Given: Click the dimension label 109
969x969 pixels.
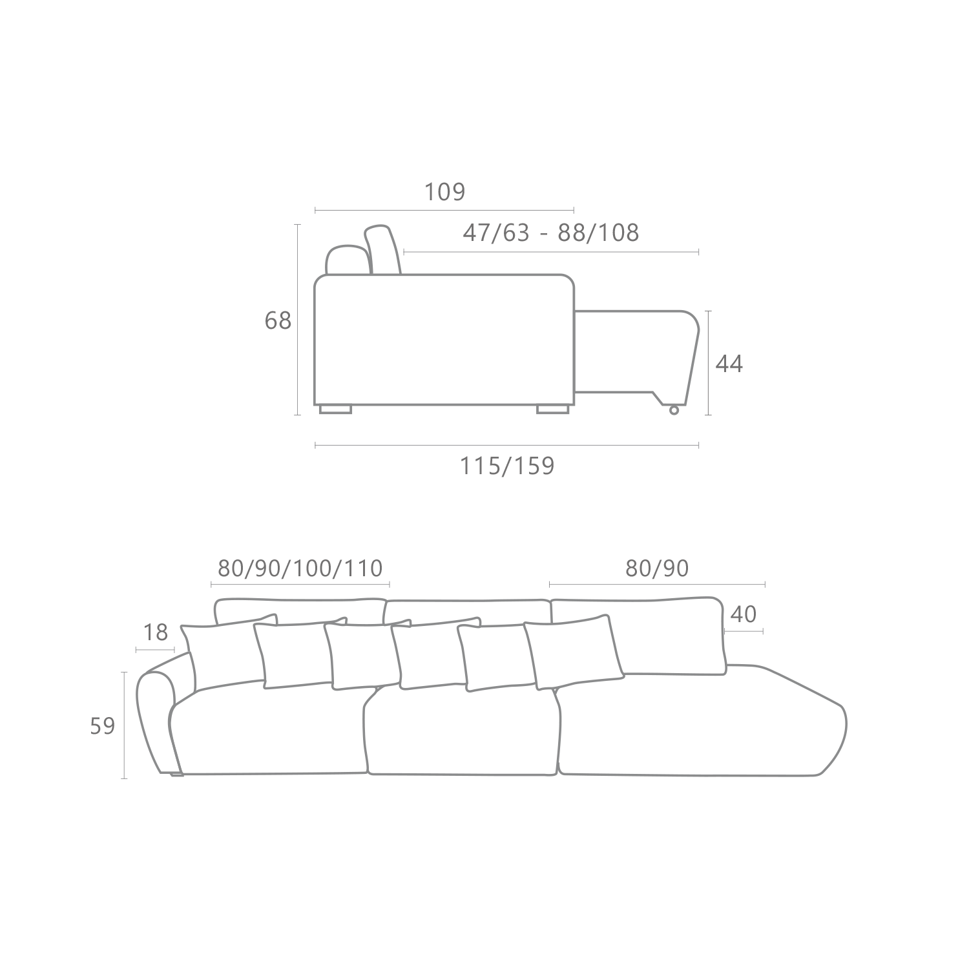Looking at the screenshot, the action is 444,192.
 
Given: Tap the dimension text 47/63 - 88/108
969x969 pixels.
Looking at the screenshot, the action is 550,232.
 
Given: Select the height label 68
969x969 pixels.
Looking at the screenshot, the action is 278,320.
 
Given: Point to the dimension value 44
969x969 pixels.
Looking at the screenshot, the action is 729,364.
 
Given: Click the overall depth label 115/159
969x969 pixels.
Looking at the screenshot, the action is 507,466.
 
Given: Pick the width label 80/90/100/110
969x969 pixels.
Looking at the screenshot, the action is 300,568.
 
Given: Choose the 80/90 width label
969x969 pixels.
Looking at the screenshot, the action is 657,568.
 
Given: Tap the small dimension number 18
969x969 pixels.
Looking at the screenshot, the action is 156,632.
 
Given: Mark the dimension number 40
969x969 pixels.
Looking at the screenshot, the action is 743,614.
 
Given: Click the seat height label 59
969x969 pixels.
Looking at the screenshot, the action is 102,726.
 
